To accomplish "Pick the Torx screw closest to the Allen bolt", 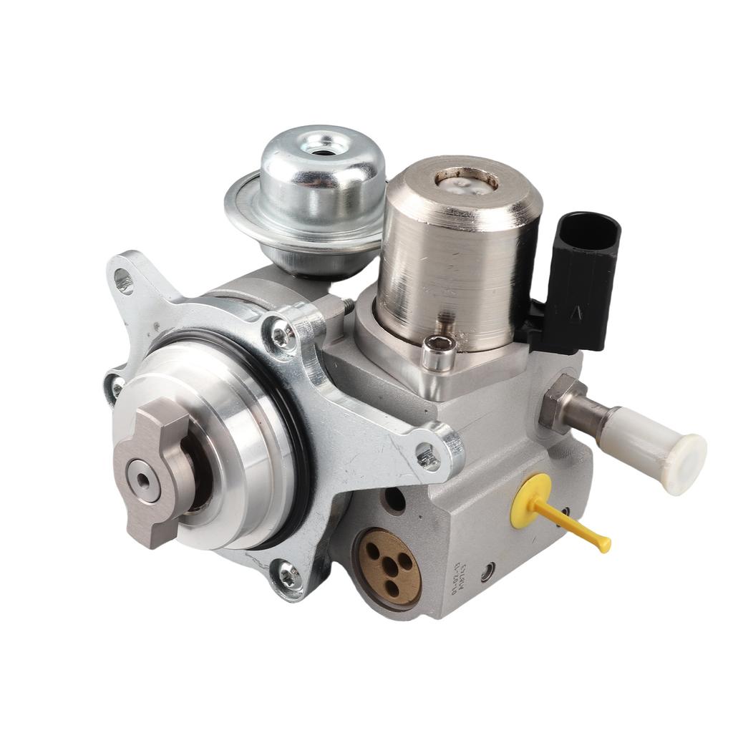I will [283, 333].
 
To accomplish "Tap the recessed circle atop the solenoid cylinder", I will [466, 179].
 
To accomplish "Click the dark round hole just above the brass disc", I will [394, 500].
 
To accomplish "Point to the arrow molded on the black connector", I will [573, 312].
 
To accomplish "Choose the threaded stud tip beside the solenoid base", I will [347, 306].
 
